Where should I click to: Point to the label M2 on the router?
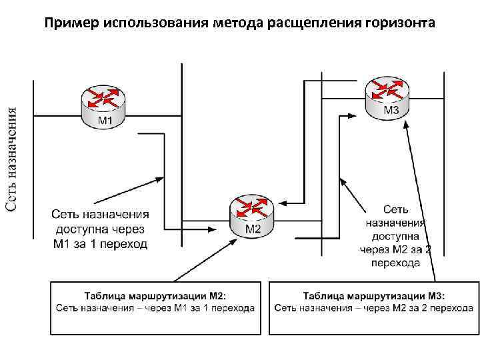tap(253, 229)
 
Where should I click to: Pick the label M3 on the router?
tap(392, 110)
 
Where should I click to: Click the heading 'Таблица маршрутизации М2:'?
tap(155, 295)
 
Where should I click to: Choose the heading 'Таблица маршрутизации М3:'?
tap(373, 295)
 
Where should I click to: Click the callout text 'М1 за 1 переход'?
tap(101, 244)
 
